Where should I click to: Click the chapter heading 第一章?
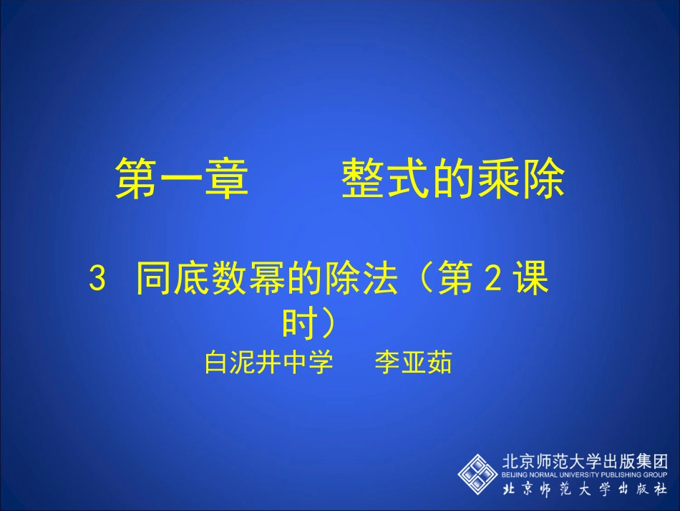click(x=182, y=178)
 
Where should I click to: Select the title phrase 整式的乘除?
click(x=453, y=178)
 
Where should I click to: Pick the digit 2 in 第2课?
click(x=492, y=280)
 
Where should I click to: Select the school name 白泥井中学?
click(x=268, y=363)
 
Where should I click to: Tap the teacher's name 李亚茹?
click(x=413, y=363)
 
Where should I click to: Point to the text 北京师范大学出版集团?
click(x=585, y=461)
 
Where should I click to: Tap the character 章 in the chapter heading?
click(x=227, y=178)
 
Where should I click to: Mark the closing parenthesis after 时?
click(x=326, y=325)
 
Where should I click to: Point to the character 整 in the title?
click(x=362, y=178)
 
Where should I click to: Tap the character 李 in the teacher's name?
click(x=387, y=363)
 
